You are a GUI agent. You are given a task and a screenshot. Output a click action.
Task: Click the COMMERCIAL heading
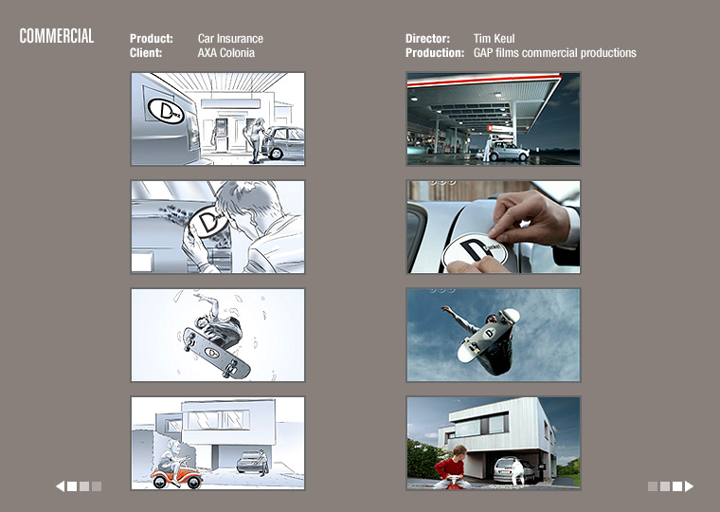[57, 36]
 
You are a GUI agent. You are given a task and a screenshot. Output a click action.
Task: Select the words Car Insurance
[230, 39]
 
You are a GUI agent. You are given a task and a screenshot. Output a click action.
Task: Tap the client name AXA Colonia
[225, 53]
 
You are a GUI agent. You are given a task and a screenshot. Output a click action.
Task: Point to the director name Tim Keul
[495, 39]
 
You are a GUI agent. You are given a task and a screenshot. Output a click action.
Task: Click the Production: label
[435, 53]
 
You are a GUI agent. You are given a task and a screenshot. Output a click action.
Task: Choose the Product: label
[151, 39]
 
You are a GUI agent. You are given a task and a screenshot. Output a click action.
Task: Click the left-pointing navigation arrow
[60, 486]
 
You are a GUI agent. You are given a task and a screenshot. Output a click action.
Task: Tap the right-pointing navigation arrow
[689, 486]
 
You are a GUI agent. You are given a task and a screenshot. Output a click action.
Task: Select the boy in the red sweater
[452, 466]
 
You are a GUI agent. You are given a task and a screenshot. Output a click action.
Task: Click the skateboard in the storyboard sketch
[216, 353]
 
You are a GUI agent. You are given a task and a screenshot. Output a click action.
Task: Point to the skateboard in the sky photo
[488, 335]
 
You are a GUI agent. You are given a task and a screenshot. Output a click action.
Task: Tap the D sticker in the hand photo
[475, 251]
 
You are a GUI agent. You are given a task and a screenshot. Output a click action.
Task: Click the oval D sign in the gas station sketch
[166, 111]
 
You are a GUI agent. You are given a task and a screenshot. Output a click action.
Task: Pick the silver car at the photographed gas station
[509, 152]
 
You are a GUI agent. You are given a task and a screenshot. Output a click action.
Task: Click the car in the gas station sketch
[282, 142]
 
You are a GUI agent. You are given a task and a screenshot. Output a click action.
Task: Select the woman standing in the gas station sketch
[255, 140]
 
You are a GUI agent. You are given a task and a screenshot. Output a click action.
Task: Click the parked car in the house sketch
[251, 461]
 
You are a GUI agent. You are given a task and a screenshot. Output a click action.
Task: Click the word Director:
[427, 39]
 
